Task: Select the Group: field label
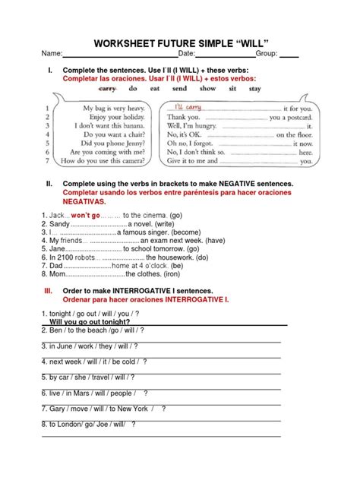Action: coord(267,55)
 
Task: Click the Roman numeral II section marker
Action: coord(49,184)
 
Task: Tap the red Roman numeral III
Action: coord(48,291)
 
